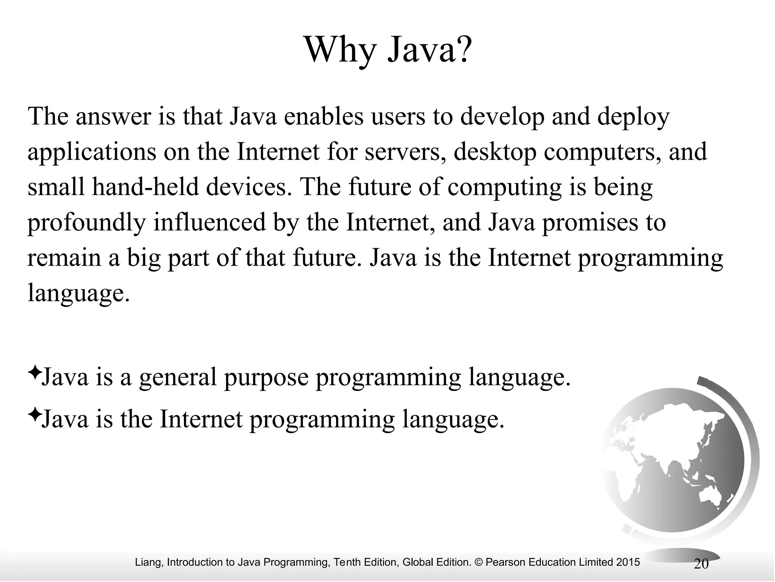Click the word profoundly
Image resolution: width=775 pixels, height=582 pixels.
point(86,223)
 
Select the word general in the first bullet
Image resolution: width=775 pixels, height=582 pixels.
point(178,378)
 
